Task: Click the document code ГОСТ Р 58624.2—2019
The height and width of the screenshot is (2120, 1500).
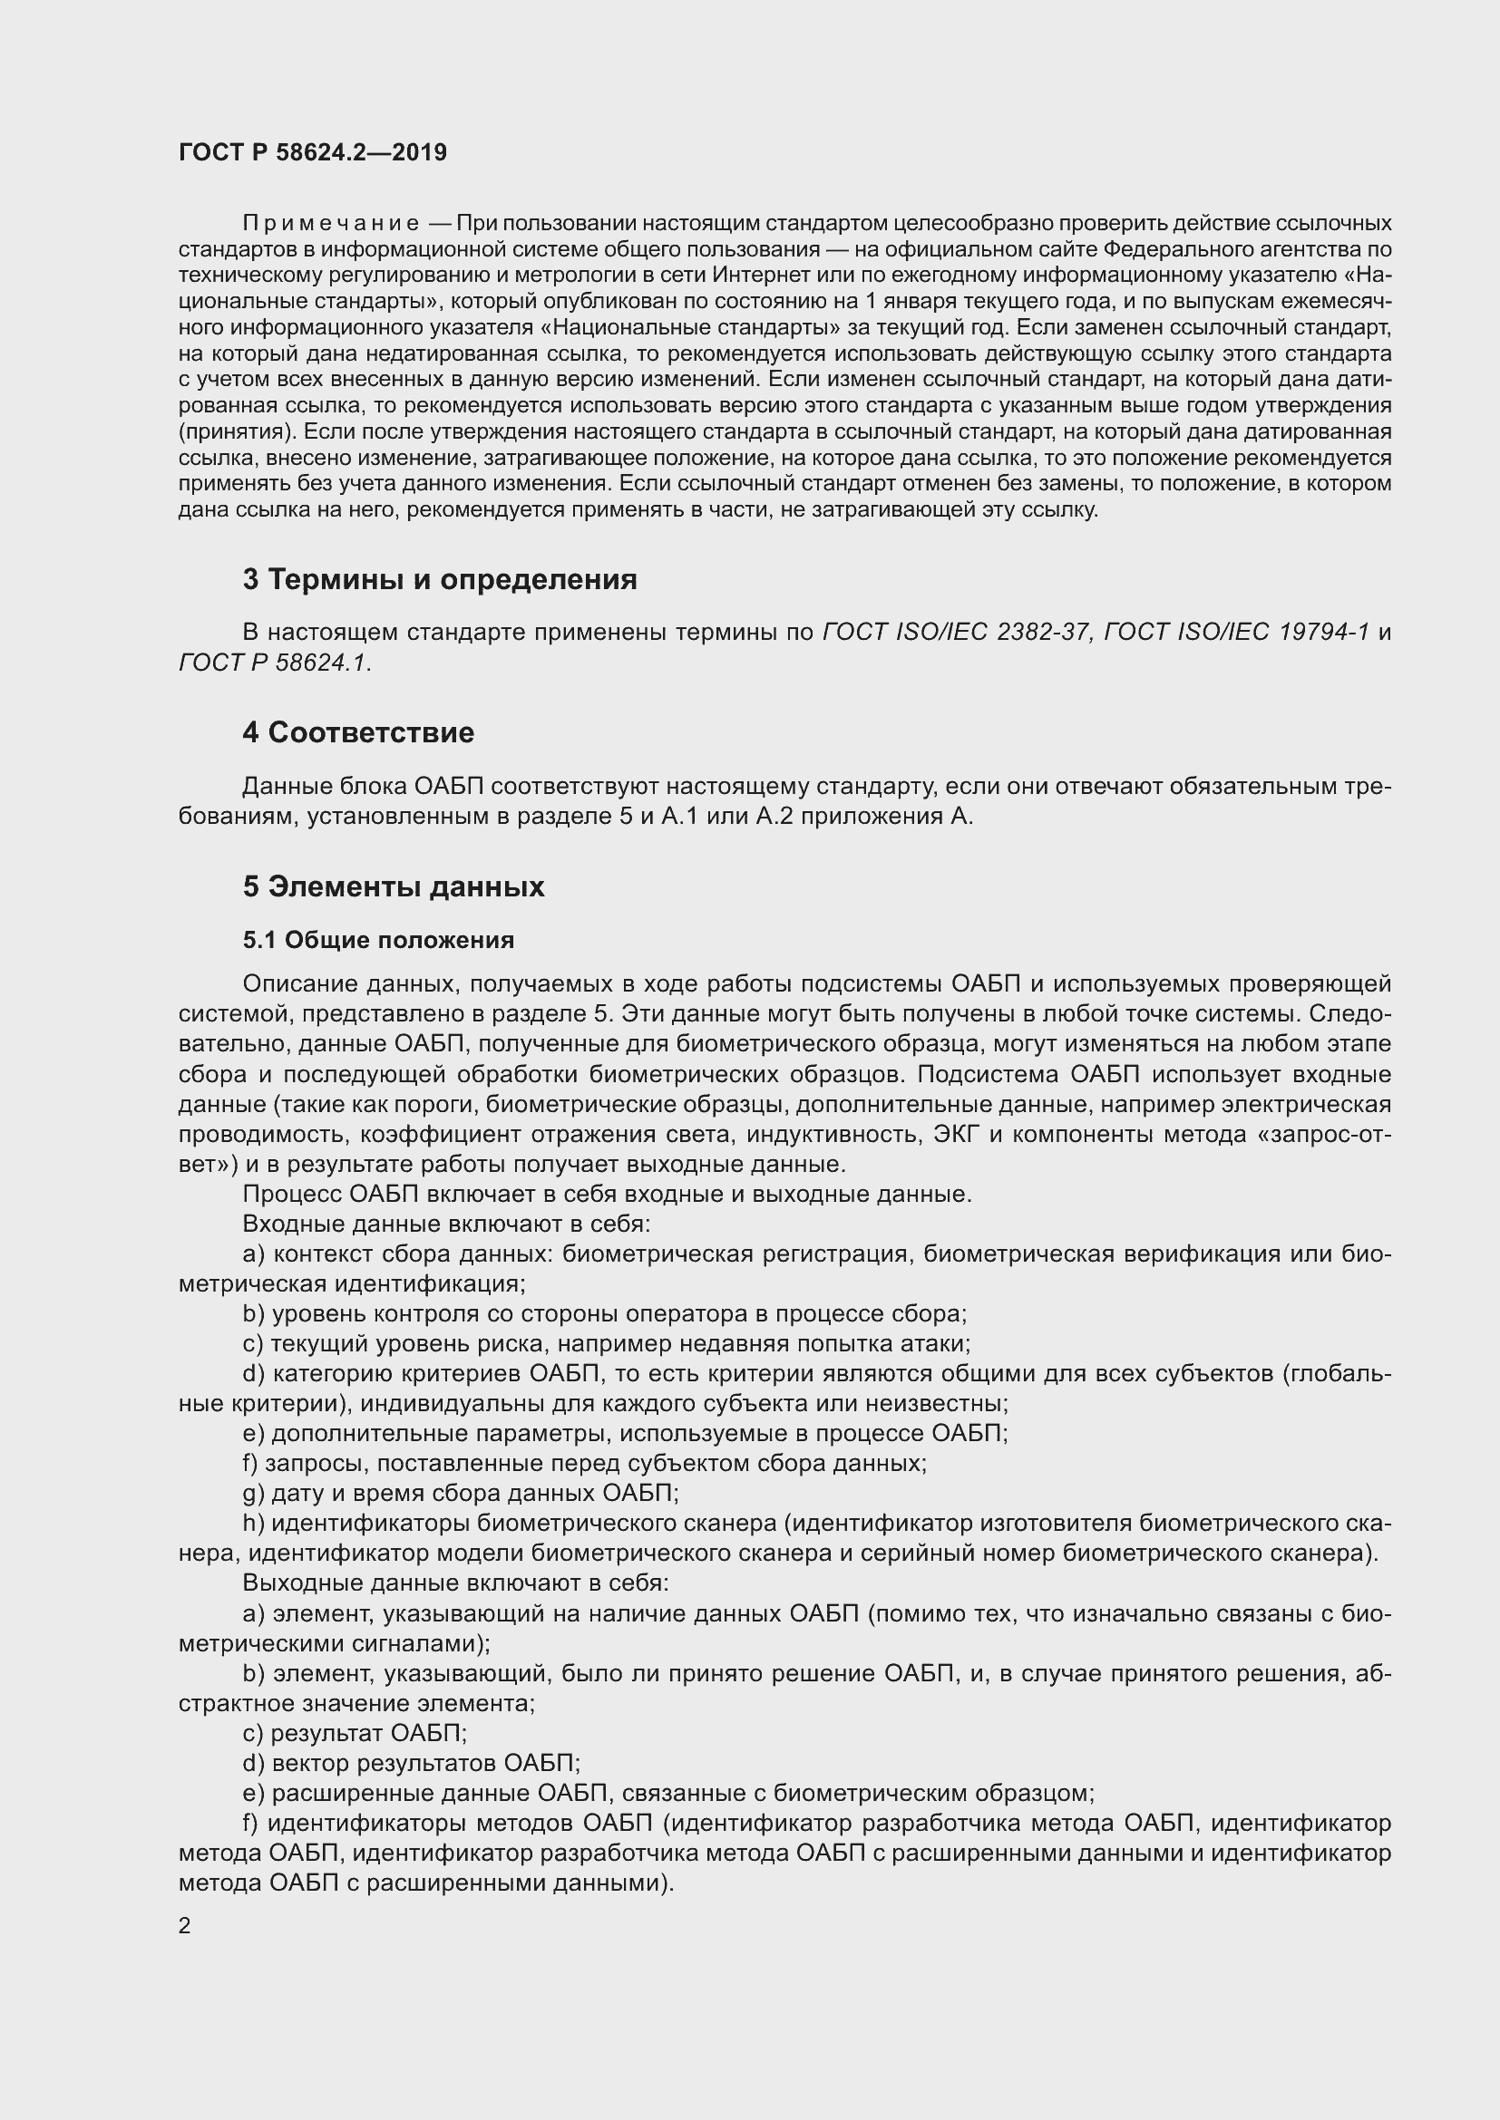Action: [312, 152]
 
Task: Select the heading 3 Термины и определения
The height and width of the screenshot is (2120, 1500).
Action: [440, 579]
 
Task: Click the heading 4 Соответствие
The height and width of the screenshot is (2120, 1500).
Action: [358, 732]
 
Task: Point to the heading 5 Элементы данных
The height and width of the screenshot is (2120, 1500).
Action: [394, 886]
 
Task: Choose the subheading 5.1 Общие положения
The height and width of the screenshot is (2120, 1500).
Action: [379, 940]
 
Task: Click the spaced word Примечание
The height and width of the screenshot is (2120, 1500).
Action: [331, 224]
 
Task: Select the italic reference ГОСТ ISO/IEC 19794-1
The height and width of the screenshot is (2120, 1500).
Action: [1236, 632]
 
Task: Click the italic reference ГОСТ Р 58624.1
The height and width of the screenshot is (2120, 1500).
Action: [273, 662]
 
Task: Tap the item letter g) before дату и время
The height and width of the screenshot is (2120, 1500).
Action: [253, 1493]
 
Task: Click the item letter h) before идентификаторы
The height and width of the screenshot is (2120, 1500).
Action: [253, 1523]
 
